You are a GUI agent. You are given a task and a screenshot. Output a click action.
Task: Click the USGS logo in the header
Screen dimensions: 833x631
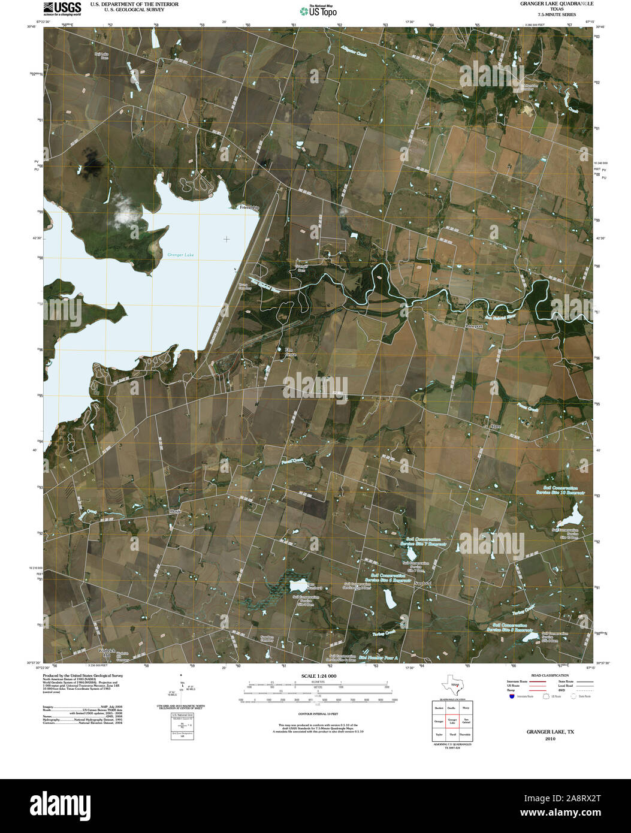pos(62,8)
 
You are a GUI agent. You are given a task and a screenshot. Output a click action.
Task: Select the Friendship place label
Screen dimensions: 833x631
pos(249,207)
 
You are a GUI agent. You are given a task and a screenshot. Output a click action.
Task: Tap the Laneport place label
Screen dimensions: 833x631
pos(474,326)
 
